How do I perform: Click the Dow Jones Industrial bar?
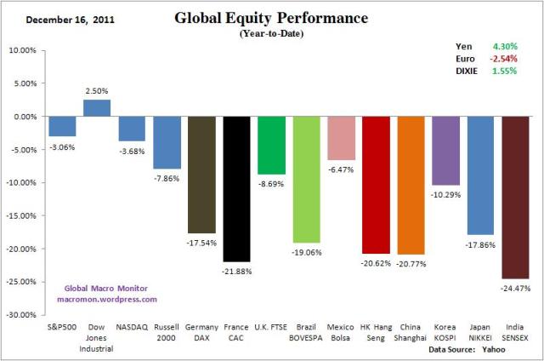click(x=96, y=108)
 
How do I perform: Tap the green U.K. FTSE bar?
click(x=271, y=146)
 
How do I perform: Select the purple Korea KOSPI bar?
click(x=445, y=151)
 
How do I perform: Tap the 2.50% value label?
click(x=97, y=90)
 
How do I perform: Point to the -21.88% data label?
click(x=236, y=271)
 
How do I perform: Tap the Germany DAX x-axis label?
click(x=201, y=331)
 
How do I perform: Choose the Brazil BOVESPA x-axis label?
click(x=306, y=331)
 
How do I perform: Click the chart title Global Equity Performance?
click(x=270, y=17)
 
